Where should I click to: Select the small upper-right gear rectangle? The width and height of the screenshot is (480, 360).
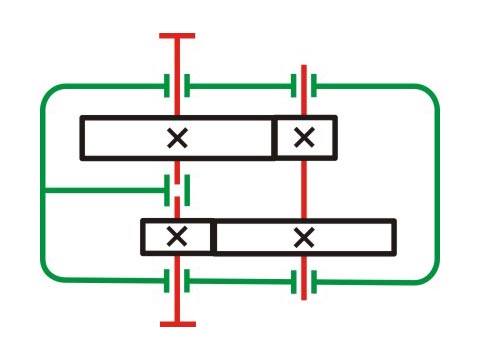pyautogui.click(x=305, y=138)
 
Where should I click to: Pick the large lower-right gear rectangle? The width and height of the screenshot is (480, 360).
pyautogui.click(x=340, y=236)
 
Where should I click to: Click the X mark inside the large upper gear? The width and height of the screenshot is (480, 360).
pyautogui.click(x=177, y=138)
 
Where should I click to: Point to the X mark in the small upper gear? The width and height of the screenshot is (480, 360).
pyautogui.click(x=305, y=138)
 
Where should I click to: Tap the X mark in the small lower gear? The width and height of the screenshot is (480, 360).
pyautogui.click(x=177, y=236)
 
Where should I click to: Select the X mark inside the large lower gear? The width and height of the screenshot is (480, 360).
pyautogui.click(x=304, y=236)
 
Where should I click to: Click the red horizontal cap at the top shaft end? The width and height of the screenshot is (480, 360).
pyautogui.click(x=177, y=36)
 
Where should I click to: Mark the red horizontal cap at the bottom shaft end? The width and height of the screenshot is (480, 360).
pyautogui.click(x=177, y=324)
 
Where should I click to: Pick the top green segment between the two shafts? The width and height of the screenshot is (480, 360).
pyautogui.click(x=240, y=86)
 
